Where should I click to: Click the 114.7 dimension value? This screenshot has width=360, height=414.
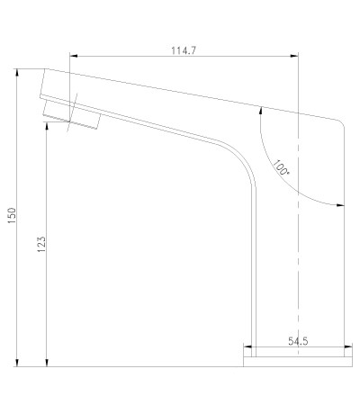(184, 50)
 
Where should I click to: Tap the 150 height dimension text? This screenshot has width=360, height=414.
(12, 215)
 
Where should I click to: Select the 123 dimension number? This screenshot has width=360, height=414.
(41, 244)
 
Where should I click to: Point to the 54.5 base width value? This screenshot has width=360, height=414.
(298, 341)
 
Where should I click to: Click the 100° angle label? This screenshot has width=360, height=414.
(281, 167)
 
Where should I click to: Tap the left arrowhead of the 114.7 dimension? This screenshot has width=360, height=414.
(74, 56)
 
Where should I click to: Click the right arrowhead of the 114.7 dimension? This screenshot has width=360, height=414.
(294, 56)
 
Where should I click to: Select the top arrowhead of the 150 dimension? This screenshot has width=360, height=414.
(17, 73)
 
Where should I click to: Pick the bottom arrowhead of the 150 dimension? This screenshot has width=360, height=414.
(17, 363)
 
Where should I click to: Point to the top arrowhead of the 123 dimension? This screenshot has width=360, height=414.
(47, 126)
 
